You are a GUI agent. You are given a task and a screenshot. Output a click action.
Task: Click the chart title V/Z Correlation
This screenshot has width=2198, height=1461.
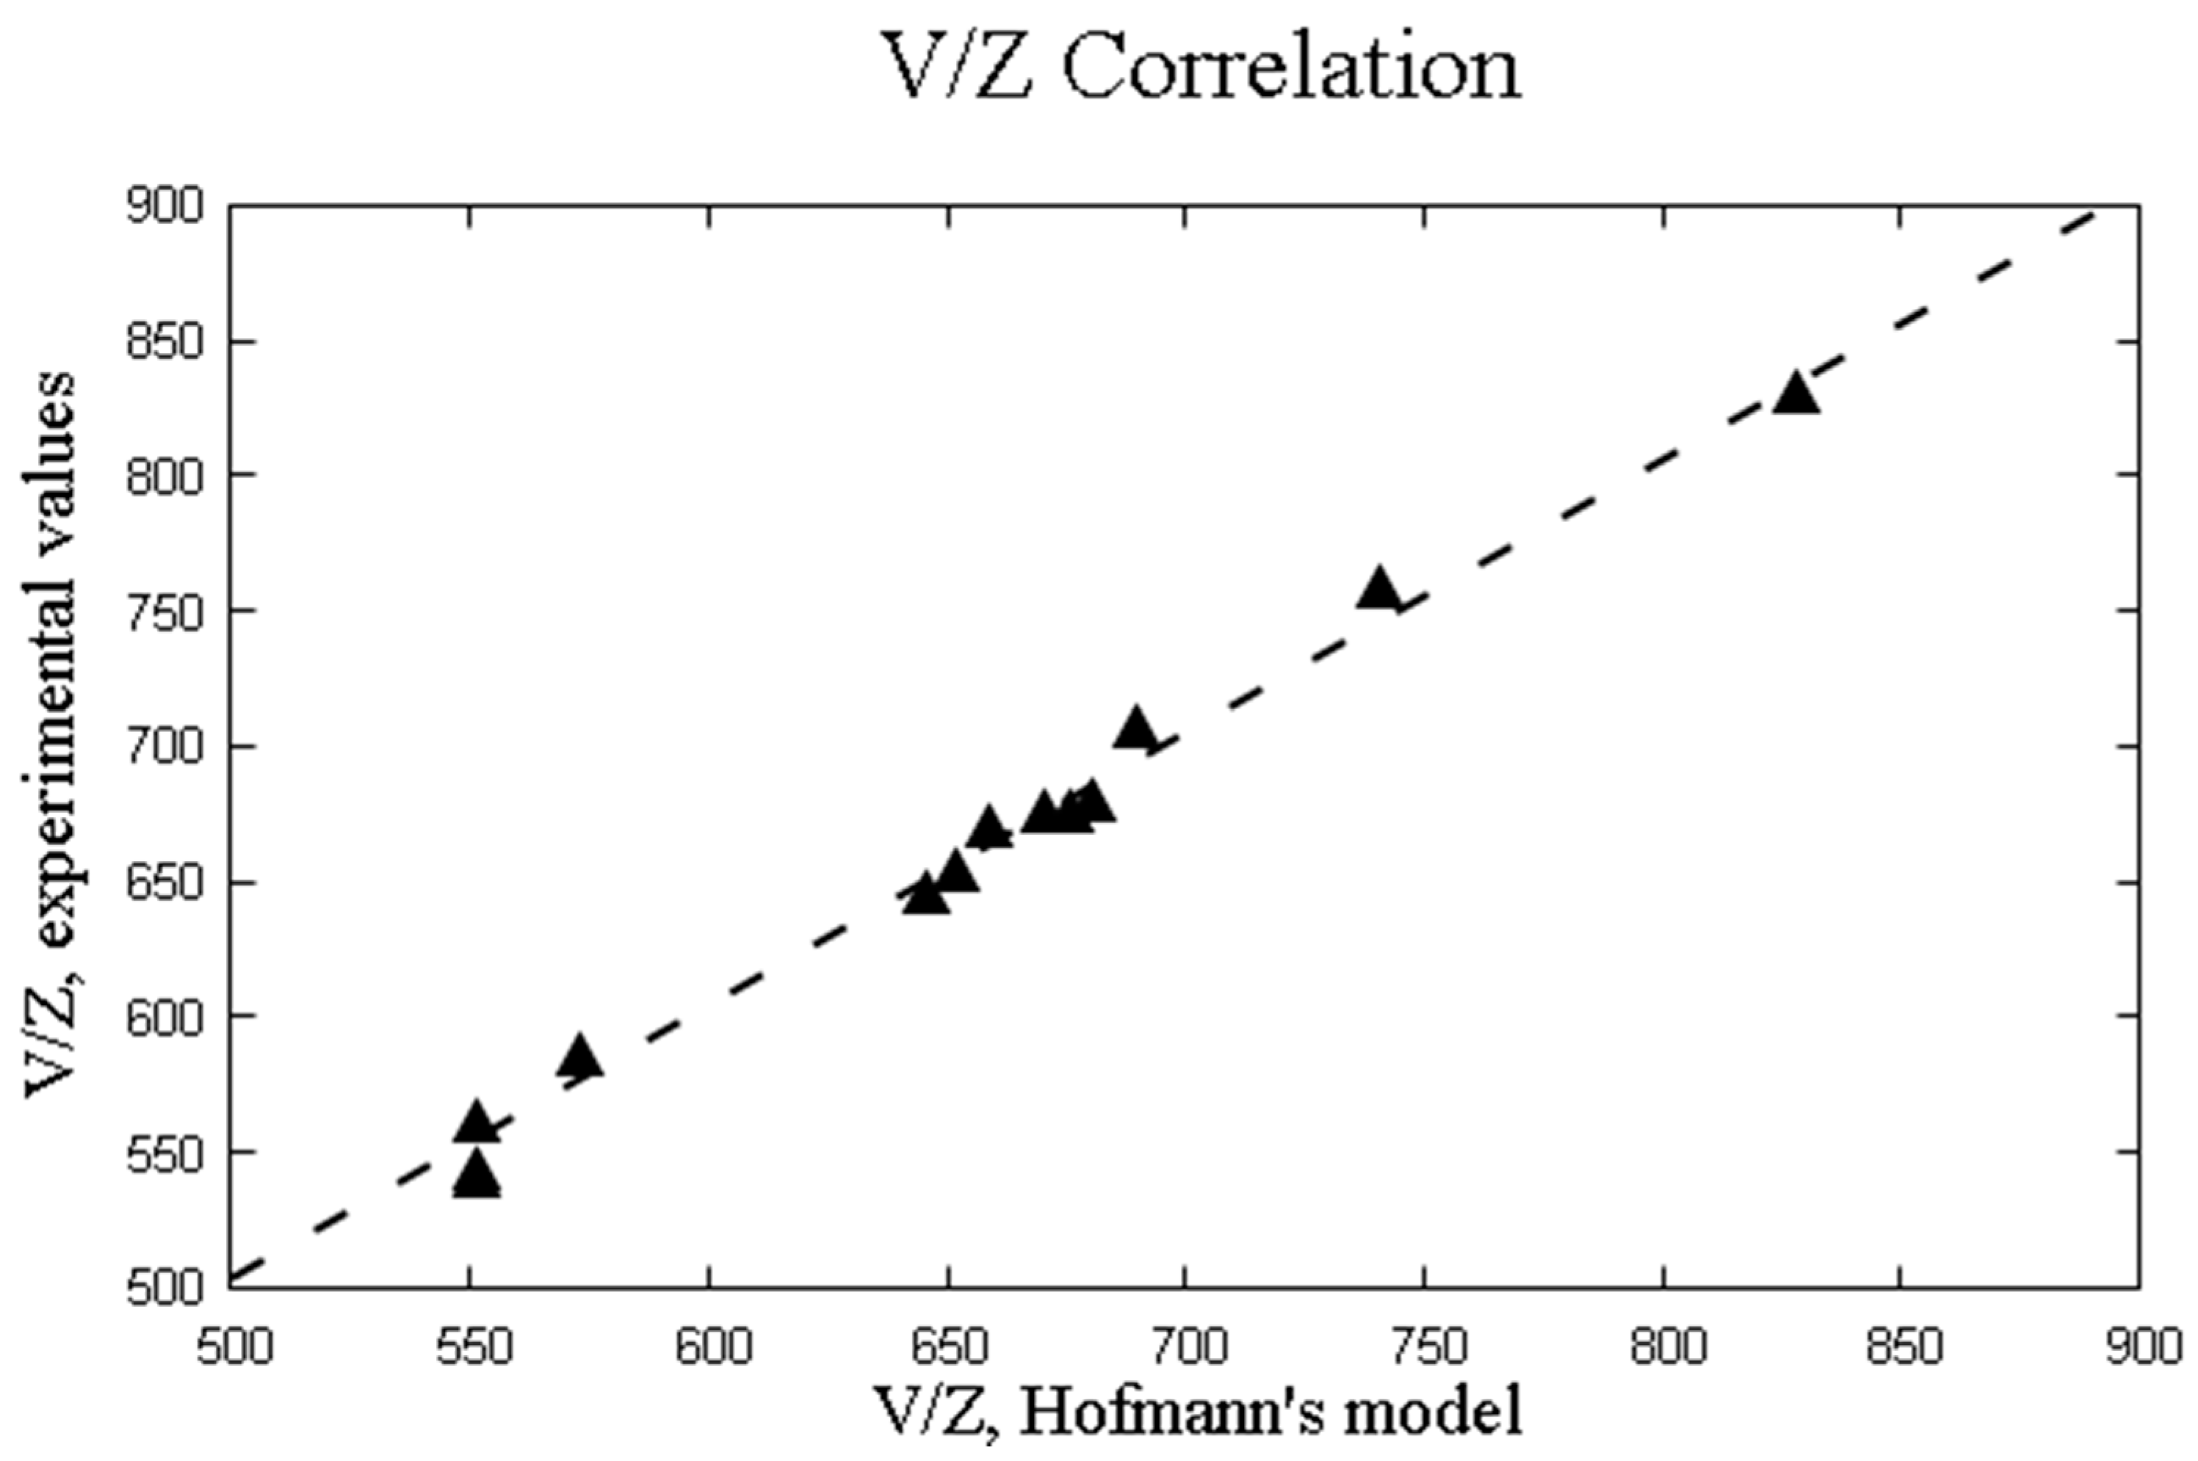(1201, 70)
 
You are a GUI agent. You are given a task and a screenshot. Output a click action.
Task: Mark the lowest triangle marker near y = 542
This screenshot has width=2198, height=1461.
(476, 1176)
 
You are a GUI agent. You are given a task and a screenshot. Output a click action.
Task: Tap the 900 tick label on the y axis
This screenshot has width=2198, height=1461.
(164, 208)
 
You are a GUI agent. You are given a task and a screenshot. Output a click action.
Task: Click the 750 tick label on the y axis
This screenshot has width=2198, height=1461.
(164, 612)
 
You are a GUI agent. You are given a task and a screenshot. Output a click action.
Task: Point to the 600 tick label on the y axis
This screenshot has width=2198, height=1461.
(164, 1017)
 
